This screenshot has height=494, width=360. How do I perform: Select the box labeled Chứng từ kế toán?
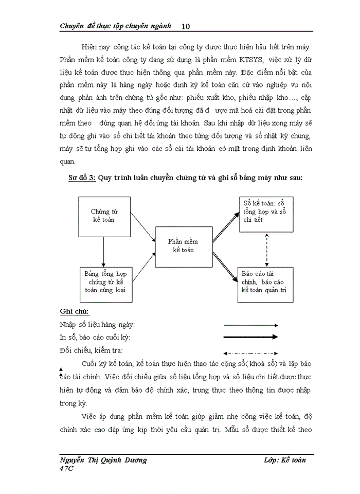tap(104, 215)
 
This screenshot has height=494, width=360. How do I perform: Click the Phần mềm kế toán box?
tap(184, 245)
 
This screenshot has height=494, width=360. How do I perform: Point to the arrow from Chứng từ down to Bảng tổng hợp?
tap(104, 251)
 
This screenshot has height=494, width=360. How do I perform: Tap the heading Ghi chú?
tap(74, 312)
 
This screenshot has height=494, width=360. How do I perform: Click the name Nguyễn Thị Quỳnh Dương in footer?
tap(103, 460)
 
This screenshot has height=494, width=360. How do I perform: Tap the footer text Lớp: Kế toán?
tap(284, 460)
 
